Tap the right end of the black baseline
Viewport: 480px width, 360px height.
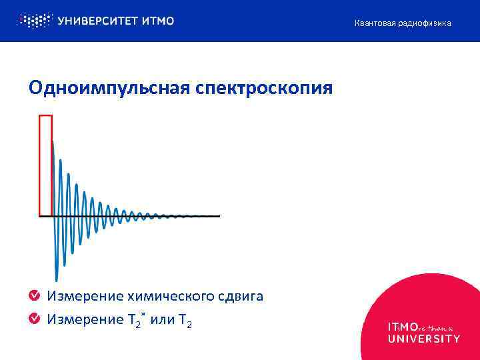219,216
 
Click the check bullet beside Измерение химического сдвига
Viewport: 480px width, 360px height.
35,296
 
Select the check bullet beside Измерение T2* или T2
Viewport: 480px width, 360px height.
35,319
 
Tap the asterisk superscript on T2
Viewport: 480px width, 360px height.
143,313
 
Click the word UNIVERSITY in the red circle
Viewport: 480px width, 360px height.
424,339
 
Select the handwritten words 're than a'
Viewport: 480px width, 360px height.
436,327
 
